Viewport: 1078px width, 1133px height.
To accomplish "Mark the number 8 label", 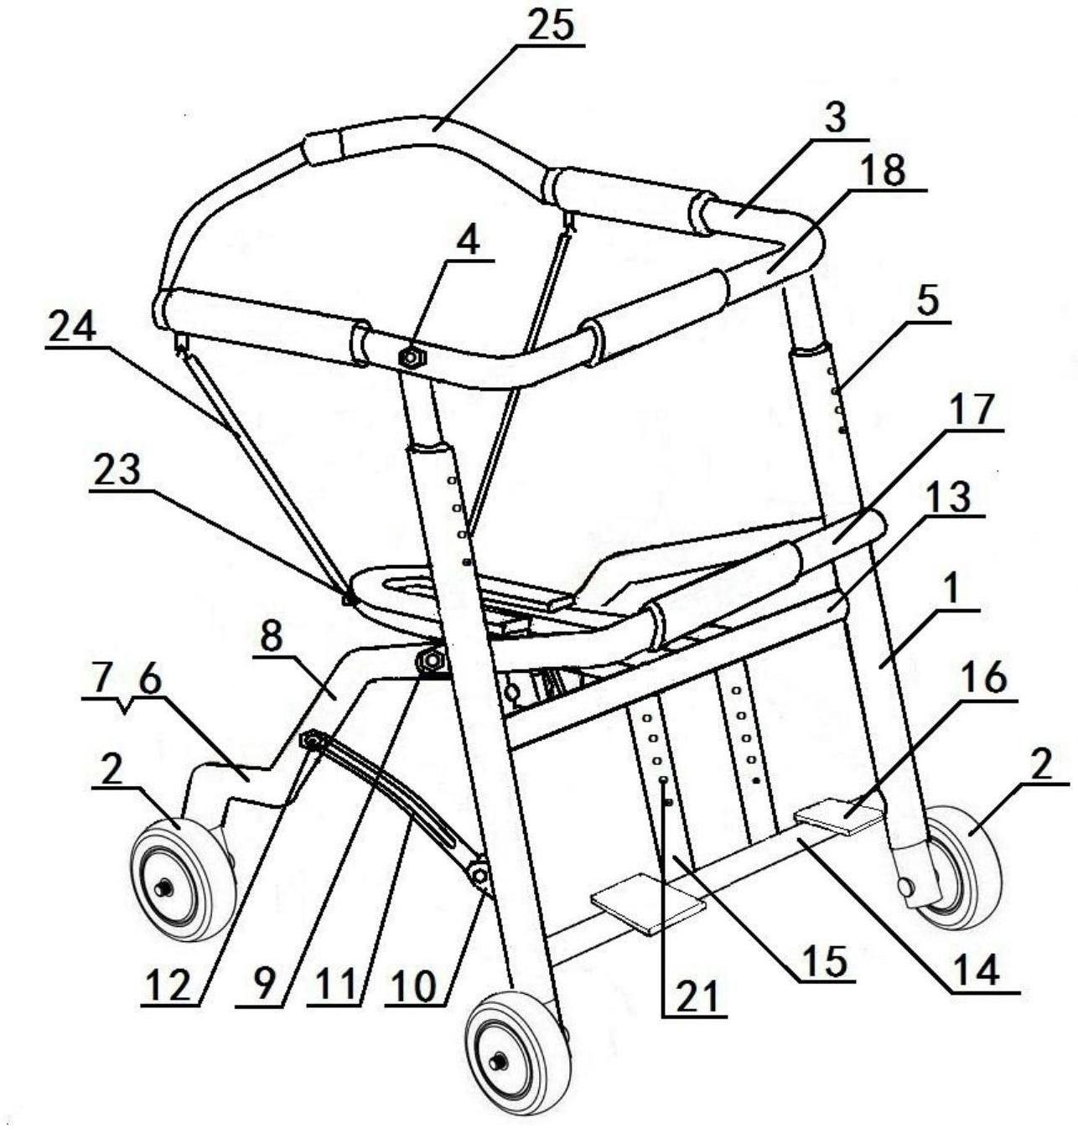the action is (272, 638).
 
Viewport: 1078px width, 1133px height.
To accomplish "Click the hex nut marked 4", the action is (412, 359).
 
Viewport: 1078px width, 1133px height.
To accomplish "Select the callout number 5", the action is (928, 305).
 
